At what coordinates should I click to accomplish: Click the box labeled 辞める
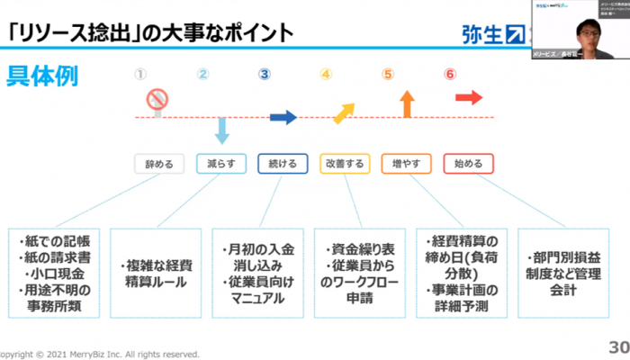[159, 164]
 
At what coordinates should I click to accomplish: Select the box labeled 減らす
[220, 164]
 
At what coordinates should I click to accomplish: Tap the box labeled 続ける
[283, 164]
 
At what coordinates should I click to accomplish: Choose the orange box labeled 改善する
[344, 164]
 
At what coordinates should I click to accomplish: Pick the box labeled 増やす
[406, 164]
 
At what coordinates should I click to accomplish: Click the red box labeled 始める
[468, 164]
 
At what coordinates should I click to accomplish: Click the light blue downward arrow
[221, 130]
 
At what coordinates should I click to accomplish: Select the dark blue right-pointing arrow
[283, 116]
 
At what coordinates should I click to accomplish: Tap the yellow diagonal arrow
[344, 111]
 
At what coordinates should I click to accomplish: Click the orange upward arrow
[407, 103]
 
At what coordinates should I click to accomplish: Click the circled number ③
[264, 74]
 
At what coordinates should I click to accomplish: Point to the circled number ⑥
[449, 74]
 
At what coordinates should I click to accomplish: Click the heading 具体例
[42, 76]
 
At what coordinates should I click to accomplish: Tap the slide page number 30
[618, 347]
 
